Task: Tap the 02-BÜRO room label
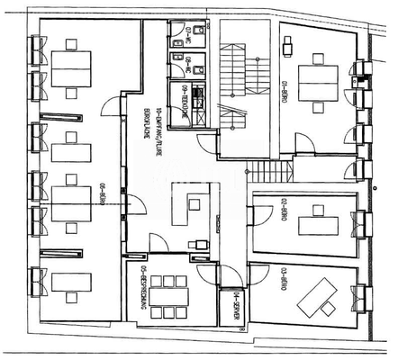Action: pyautogui.click(x=283, y=214)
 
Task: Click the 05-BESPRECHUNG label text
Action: pyautogui.click(x=143, y=287)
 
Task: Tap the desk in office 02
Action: pyautogui.click(x=317, y=219)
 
